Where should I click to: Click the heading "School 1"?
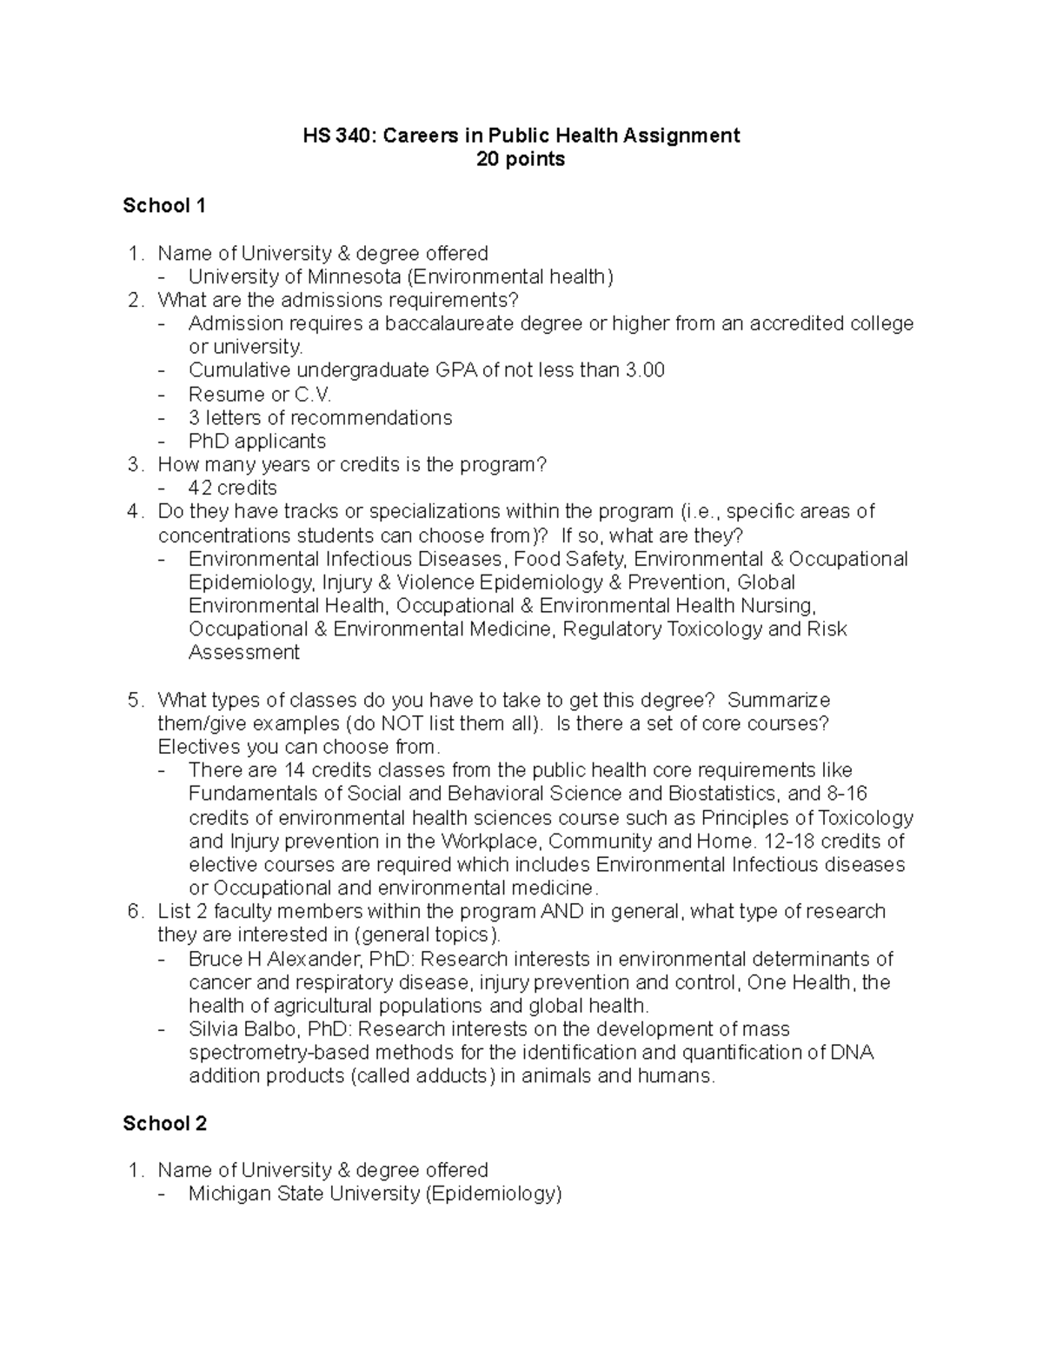(x=164, y=206)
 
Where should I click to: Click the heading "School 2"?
(x=164, y=1123)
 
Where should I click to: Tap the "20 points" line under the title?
(x=521, y=159)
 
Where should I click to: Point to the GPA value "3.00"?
(x=645, y=370)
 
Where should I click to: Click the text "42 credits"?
(x=232, y=488)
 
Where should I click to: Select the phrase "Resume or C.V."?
(x=260, y=394)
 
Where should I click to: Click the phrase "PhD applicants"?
(x=256, y=441)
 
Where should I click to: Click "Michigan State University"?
(x=304, y=1194)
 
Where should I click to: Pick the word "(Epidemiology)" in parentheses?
(x=494, y=1194)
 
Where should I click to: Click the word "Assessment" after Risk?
(x=243, y=652)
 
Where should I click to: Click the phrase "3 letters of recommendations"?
(x=320, y=417)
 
